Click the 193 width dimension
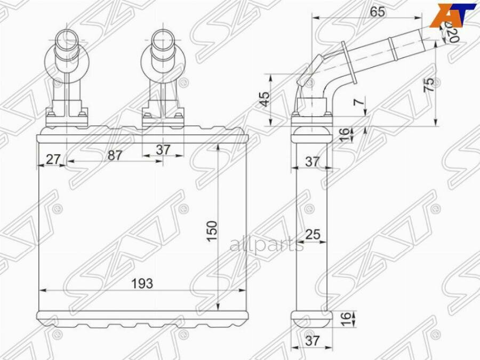[x=142, y=283]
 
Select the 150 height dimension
[x=212, y=230]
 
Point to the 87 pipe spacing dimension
[x=115, y=155]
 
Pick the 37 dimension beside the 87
[x=163, y=150]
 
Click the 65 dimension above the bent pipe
[x=377, y=12]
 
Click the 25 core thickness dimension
[x=313, y=234]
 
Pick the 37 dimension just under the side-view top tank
[x=313, y=162]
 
